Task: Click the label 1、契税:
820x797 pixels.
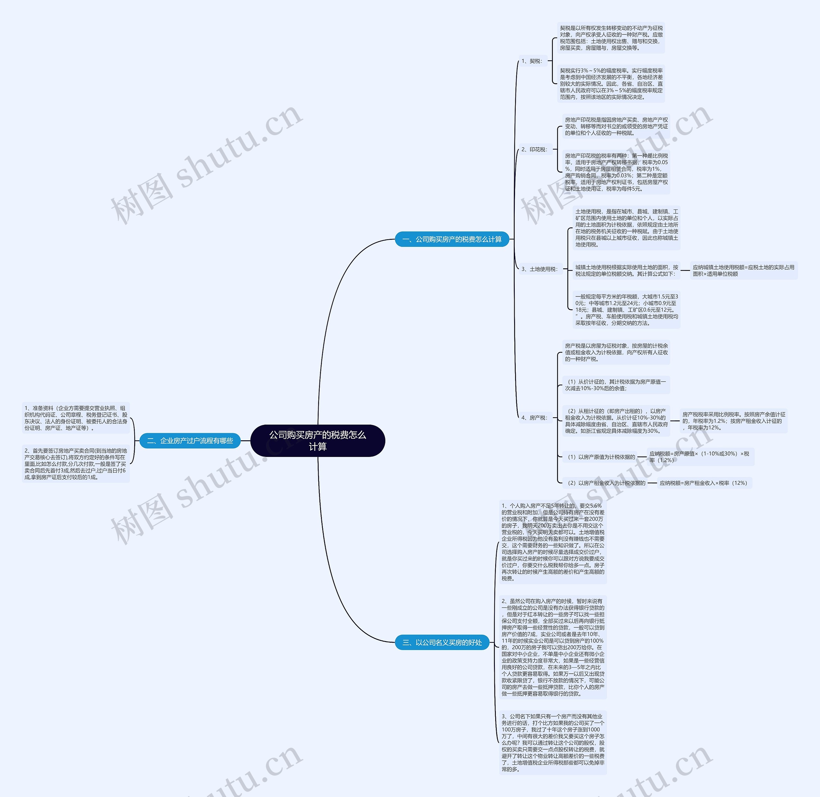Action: point(532,61)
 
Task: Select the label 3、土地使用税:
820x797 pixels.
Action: point(539,269)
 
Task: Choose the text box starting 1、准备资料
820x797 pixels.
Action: point(76,418)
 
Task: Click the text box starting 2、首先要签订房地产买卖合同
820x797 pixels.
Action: point(76,464)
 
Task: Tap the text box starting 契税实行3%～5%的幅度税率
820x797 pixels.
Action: point(611,84)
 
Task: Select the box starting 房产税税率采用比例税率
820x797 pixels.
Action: point(733,421)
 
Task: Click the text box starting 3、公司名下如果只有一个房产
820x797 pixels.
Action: point(553,743)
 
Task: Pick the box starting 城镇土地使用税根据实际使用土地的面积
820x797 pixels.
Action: point(626,270)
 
